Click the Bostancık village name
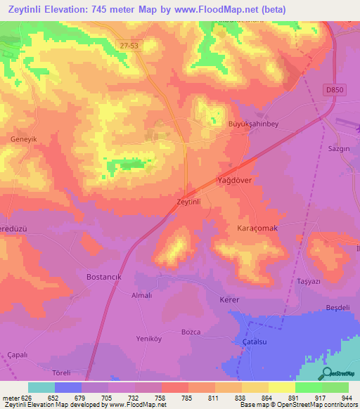tap(104, 277)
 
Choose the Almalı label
tap(142, 296)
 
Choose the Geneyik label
tap(24, 139)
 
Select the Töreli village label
tap(62, 373)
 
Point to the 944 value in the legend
tap(347, 397)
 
